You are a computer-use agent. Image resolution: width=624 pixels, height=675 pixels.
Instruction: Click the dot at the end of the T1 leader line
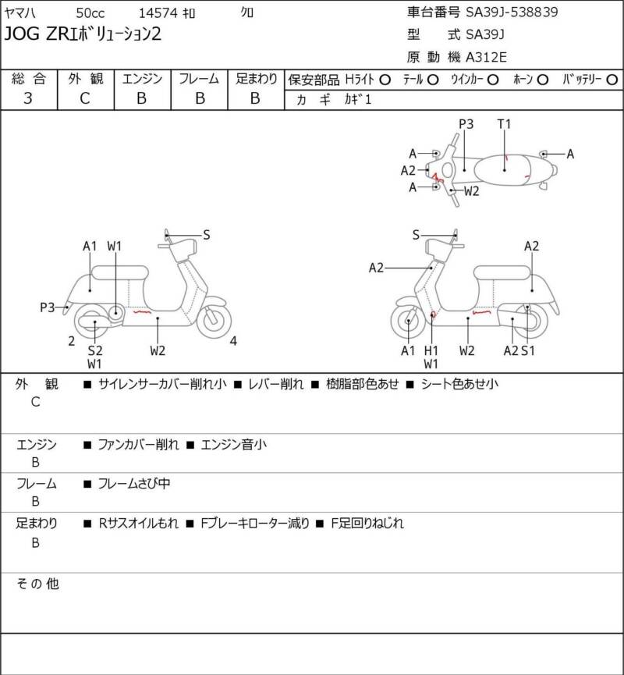tap(505, 170)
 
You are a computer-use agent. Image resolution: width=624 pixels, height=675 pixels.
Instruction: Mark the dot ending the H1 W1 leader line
tap(431, 314)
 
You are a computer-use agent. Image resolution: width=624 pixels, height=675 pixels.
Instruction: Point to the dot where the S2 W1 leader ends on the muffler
tap(95, 322)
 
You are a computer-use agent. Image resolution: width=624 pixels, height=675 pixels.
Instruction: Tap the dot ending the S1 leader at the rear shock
tap(527, 307)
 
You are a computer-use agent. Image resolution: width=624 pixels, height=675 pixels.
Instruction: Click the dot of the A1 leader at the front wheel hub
tap(408, 321)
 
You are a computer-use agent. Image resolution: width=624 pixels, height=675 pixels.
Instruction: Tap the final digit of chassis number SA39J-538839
tap(554, 12)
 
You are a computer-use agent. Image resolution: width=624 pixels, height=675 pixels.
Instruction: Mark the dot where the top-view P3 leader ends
tap(464, 170)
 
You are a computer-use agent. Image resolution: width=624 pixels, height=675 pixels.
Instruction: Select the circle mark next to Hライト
tap(385, 80)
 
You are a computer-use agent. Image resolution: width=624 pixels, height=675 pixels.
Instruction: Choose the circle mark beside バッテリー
tap(612, 80)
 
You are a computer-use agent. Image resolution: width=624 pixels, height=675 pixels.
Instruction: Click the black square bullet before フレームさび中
tap(87, 485)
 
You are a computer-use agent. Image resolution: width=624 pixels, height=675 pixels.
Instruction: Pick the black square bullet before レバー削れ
tap(238, 385)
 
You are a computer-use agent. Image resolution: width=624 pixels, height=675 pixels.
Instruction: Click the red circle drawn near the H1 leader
tap(434, 315)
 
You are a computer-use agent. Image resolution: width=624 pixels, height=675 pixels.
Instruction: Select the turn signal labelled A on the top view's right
tap(544, 154)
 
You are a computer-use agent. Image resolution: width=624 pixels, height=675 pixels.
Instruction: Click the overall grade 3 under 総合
tap(28, 98)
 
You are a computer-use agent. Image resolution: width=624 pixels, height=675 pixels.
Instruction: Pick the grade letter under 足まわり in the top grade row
tap(255, 98)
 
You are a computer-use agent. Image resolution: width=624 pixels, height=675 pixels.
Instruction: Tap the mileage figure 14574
tap(158, 13)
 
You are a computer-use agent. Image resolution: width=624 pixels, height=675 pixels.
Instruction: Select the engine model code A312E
tap(486, 57)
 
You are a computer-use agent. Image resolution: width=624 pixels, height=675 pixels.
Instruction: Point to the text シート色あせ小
tap(459, 384)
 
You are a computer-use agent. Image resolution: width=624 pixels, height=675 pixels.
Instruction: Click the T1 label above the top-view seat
tap(504, 124)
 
